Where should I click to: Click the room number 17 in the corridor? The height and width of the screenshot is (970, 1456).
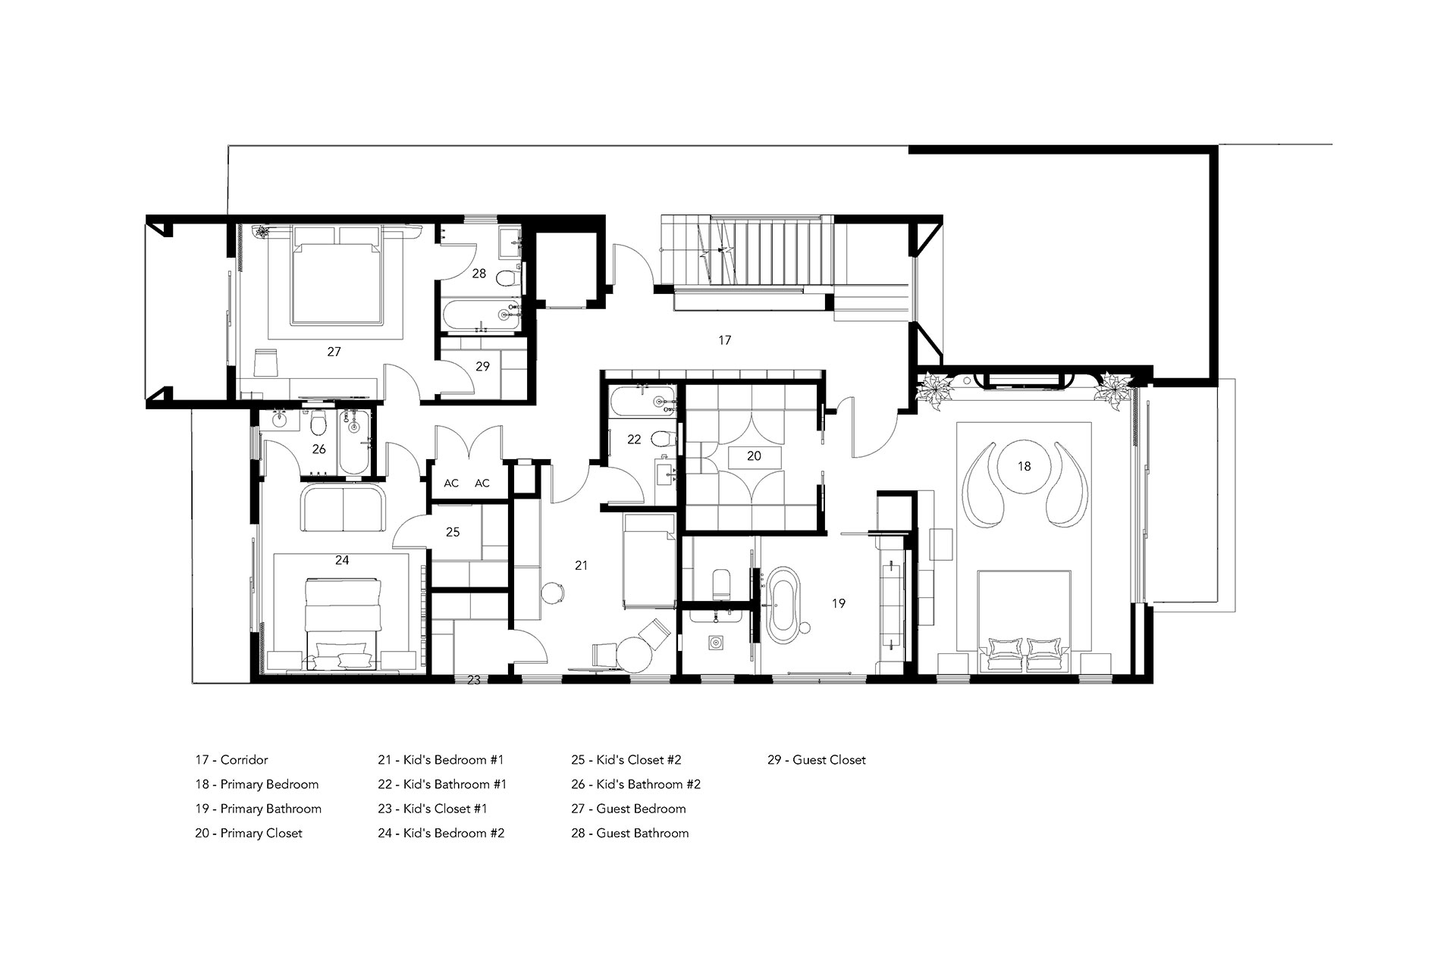(x=724, y=340)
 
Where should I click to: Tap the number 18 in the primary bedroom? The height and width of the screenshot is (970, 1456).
(x=1024, y=466)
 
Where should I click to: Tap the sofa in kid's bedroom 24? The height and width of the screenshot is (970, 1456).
(x=344, y=509)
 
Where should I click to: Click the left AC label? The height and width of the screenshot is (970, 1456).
(x=451, y=483)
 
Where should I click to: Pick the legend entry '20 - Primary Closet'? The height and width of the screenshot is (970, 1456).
(x=248, y=834)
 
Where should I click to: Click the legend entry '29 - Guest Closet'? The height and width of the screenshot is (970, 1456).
(x=816, y=760)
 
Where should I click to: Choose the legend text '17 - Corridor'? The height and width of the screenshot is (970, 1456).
(x=231, y=760)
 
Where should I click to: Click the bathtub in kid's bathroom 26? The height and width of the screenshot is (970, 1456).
(x=353, y=443)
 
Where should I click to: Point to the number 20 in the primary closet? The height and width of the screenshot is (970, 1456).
(x=753, y=456)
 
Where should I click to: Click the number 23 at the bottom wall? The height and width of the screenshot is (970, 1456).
(x=473, y=681)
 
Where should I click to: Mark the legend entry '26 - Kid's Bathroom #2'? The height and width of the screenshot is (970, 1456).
(x=635, y=784)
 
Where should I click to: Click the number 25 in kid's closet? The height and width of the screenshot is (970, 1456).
(x=453, y=532)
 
